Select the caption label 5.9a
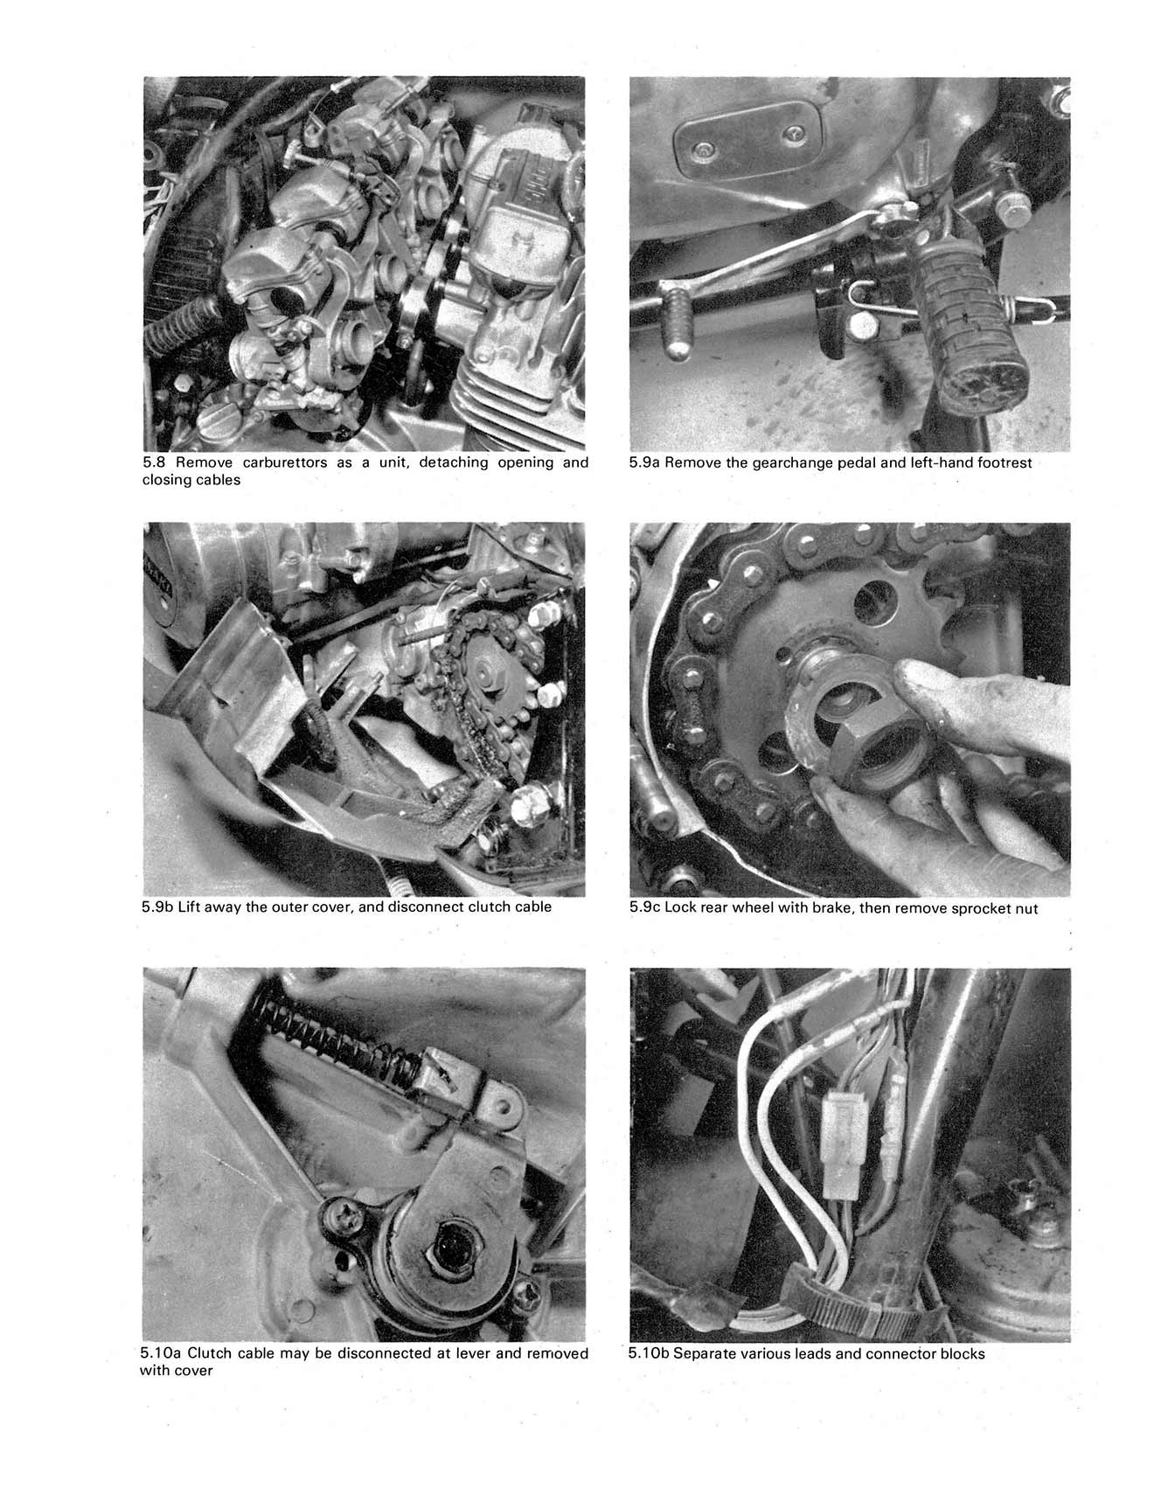tap(644, 462)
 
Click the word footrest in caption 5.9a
tap(1000, 462)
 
